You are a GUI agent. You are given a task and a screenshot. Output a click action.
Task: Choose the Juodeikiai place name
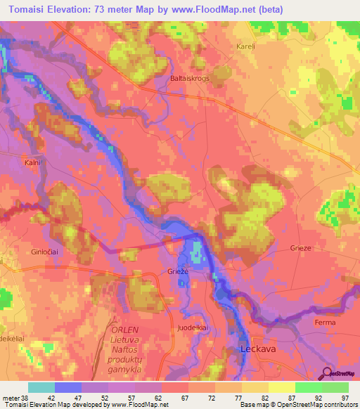(191, 327)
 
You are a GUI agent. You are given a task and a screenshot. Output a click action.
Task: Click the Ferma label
(326, 323)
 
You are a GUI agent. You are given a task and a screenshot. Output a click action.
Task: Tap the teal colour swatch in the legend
(41, 387)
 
